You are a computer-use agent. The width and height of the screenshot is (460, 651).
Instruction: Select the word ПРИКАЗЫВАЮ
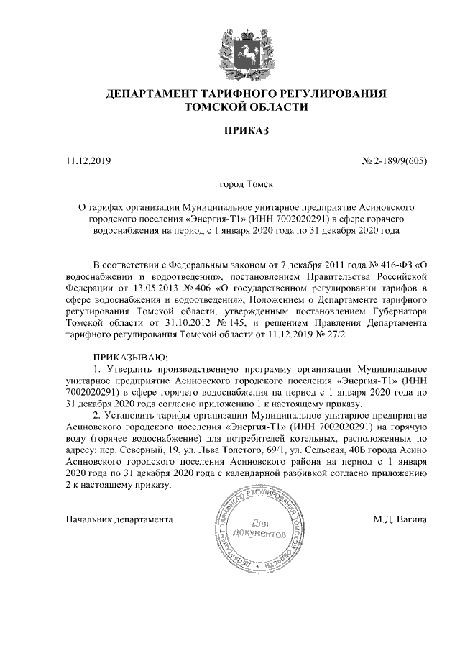(x=130, y=358)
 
